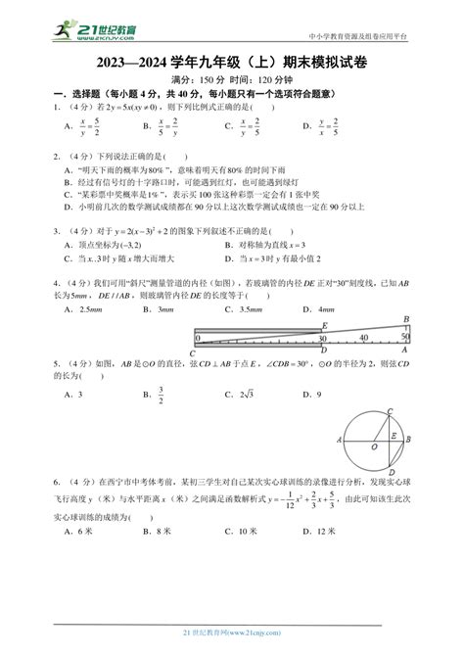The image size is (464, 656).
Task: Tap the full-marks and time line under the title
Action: click(233, 80)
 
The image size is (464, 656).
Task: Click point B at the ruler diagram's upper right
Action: click(404, 319)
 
